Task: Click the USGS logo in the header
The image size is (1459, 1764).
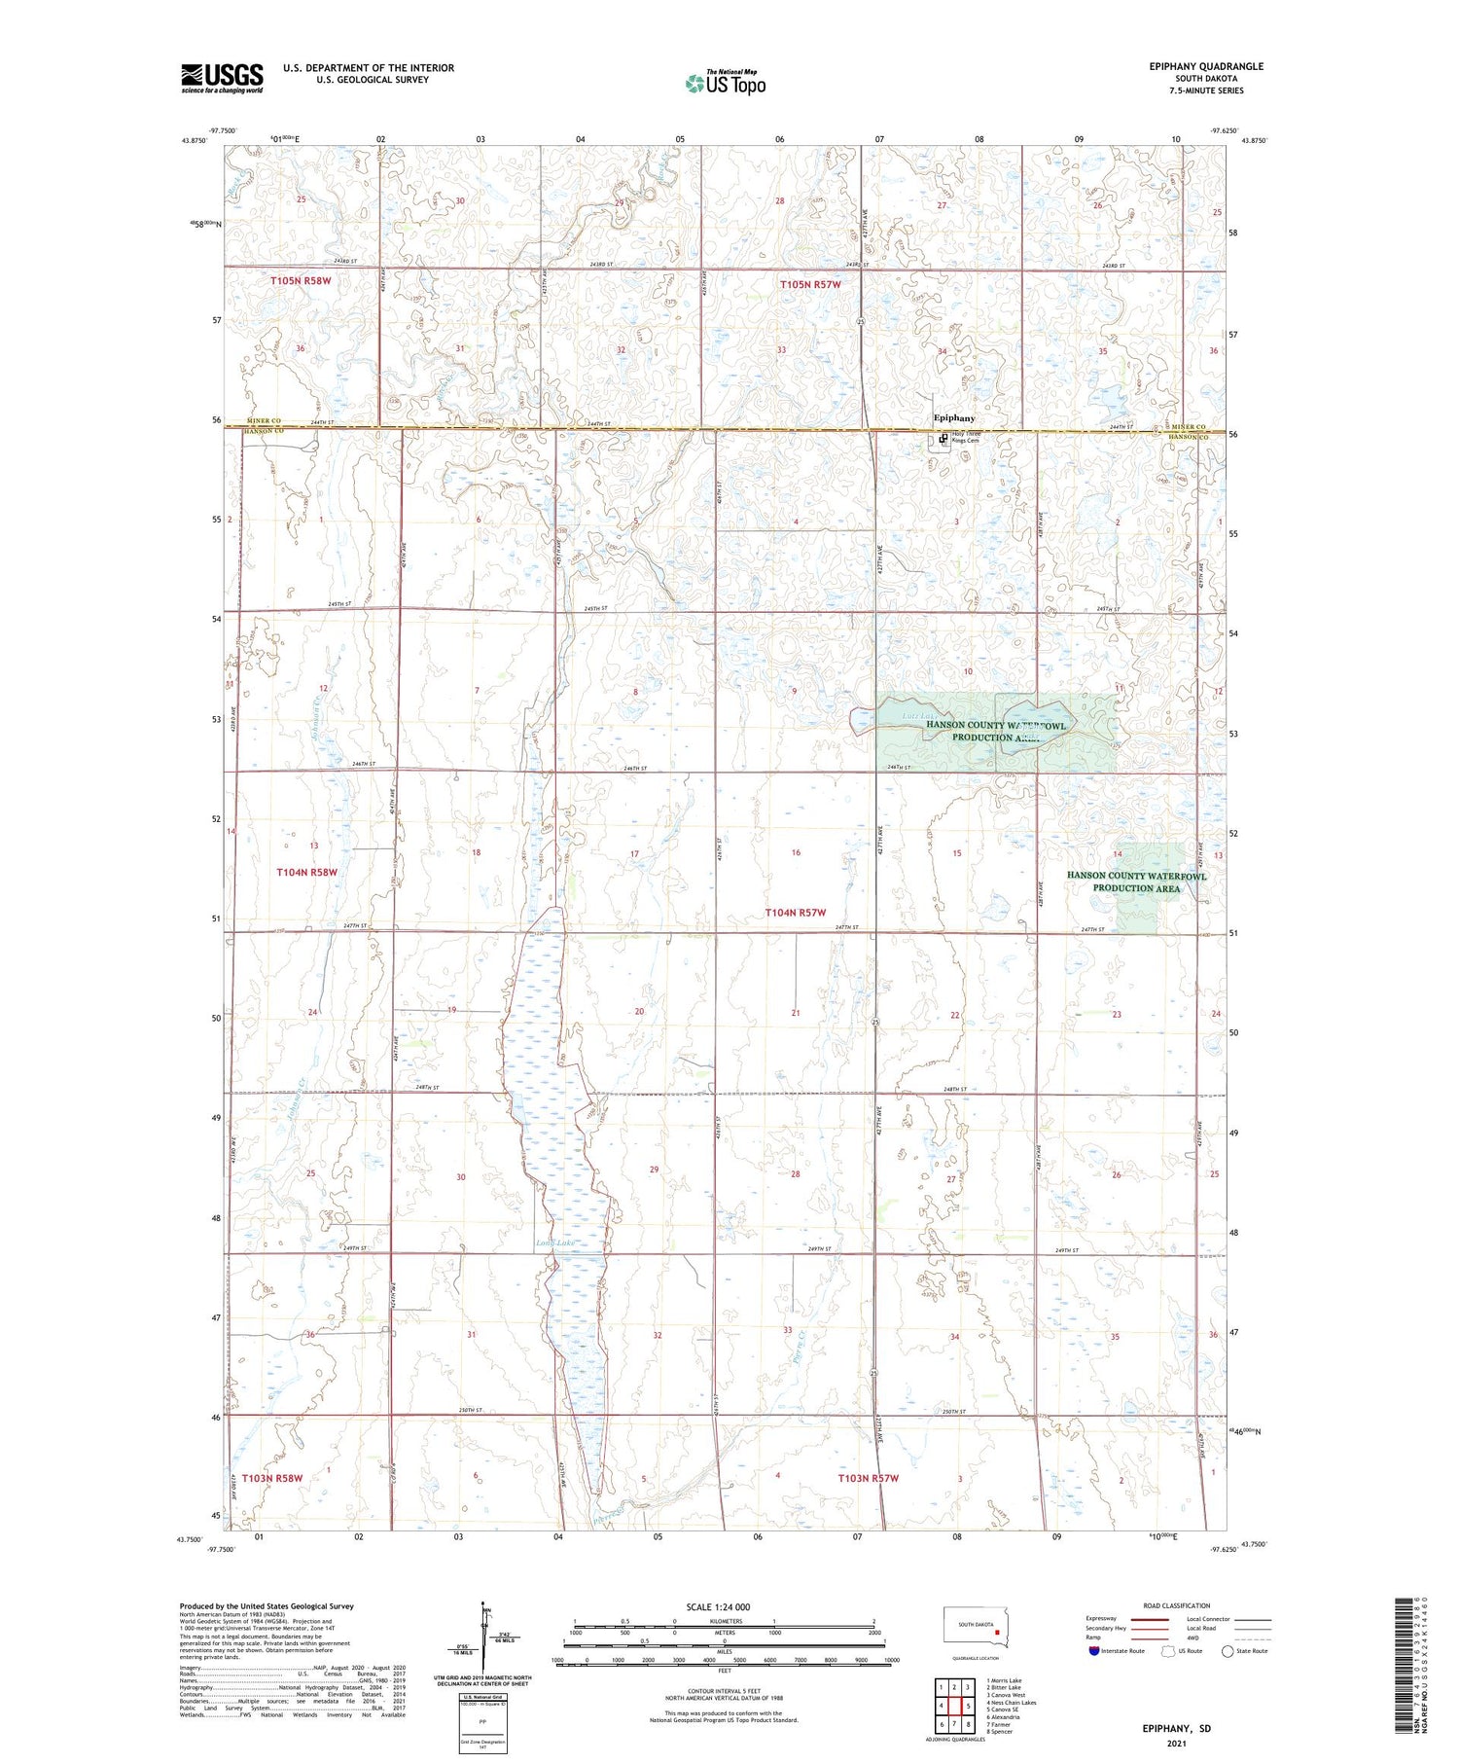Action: tap(222, 78)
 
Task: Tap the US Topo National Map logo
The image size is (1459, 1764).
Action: tap(726, 83)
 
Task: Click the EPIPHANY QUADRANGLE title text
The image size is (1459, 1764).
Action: tap(1206, 66)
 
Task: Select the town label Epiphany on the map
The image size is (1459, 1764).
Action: tap(954, 417)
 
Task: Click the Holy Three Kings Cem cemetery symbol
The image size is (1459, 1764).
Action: tap(943, 439)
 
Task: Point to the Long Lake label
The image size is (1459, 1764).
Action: tap(556, 1243)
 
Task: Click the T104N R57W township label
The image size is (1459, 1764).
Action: tap(795, 913)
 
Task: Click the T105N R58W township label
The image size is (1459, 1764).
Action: tap(301, 281)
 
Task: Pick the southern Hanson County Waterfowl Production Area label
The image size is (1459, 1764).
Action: tap(1136, 882)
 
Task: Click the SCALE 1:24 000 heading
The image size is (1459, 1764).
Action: tap(718, 1606)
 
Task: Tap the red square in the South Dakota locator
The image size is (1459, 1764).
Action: tap(997, 1634)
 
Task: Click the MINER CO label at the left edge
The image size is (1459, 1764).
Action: tap(263, 421)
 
